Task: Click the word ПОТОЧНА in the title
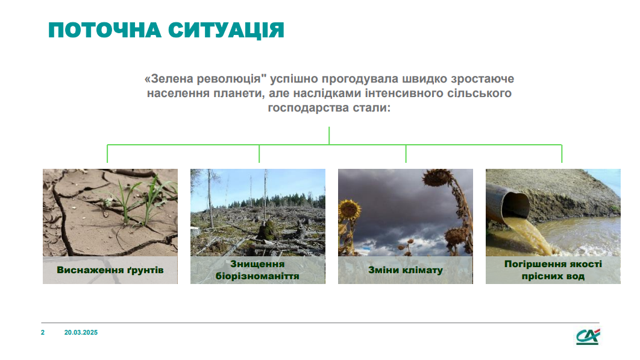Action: (104, 30)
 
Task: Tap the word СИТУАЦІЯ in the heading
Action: (226, 31)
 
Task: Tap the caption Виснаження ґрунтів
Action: (110, 270)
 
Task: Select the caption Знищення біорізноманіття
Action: (257, 270)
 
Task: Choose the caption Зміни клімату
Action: (406, 270)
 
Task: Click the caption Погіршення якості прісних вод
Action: (553, 270)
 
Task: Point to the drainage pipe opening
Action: (515, 204)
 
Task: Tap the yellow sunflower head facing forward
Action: (350, 209)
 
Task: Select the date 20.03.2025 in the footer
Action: (81, 333)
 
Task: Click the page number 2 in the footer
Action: (43, 333)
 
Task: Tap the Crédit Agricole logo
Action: (588, 336)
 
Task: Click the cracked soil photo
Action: (110, 212)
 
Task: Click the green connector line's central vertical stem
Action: (329, 136)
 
